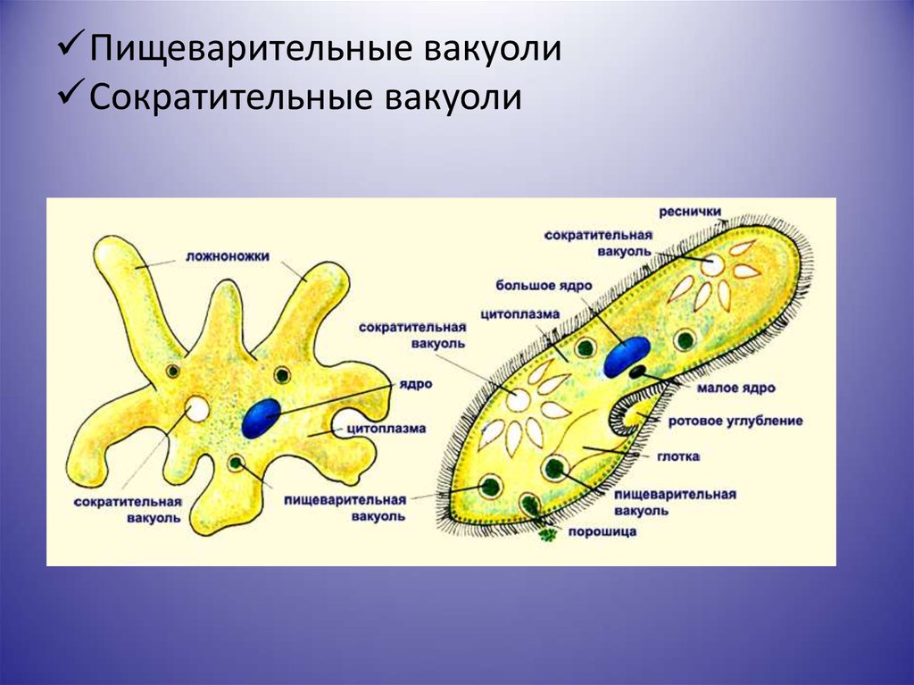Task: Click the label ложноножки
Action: coord(228,256)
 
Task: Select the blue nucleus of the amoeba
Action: coord(262,418)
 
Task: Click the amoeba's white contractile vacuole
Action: coord(197,408)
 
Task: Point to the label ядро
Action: coord(416,385)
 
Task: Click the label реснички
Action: coord(690,212)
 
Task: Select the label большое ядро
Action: coord(544,286)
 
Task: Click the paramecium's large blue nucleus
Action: coord(626,356)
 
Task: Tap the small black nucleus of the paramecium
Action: coord(637,371)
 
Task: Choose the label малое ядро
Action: coord(735,388)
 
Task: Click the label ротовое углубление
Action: coord(735,421)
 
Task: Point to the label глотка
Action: coord(678,456)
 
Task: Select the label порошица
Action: coord(602,532)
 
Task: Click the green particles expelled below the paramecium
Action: coord(547,533)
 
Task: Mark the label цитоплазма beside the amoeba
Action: coord(386,429)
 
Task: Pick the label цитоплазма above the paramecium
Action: coord(520,314)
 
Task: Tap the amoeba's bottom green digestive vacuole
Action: coord(236,464)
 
